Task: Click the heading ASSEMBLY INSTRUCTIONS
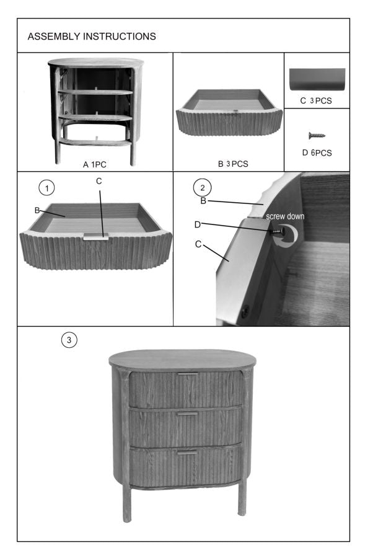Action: tap(92, 37)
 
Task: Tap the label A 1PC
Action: tap(94, 165)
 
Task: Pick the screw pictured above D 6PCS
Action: tap(317, 135)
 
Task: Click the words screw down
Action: tap(285, 217)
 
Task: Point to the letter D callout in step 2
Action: tap(198, 223)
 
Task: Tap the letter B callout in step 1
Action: tap(37, 211)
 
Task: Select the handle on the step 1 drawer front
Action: tap(97, 236)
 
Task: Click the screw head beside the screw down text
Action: tap(281, 231)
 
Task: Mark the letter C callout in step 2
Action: tap(198, 244)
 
